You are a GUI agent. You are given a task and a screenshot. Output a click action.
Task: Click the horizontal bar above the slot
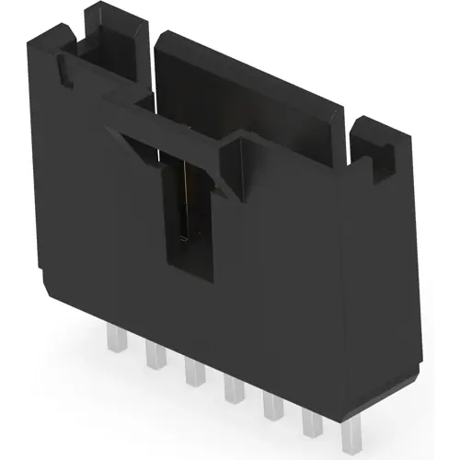(x=175, y=120)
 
